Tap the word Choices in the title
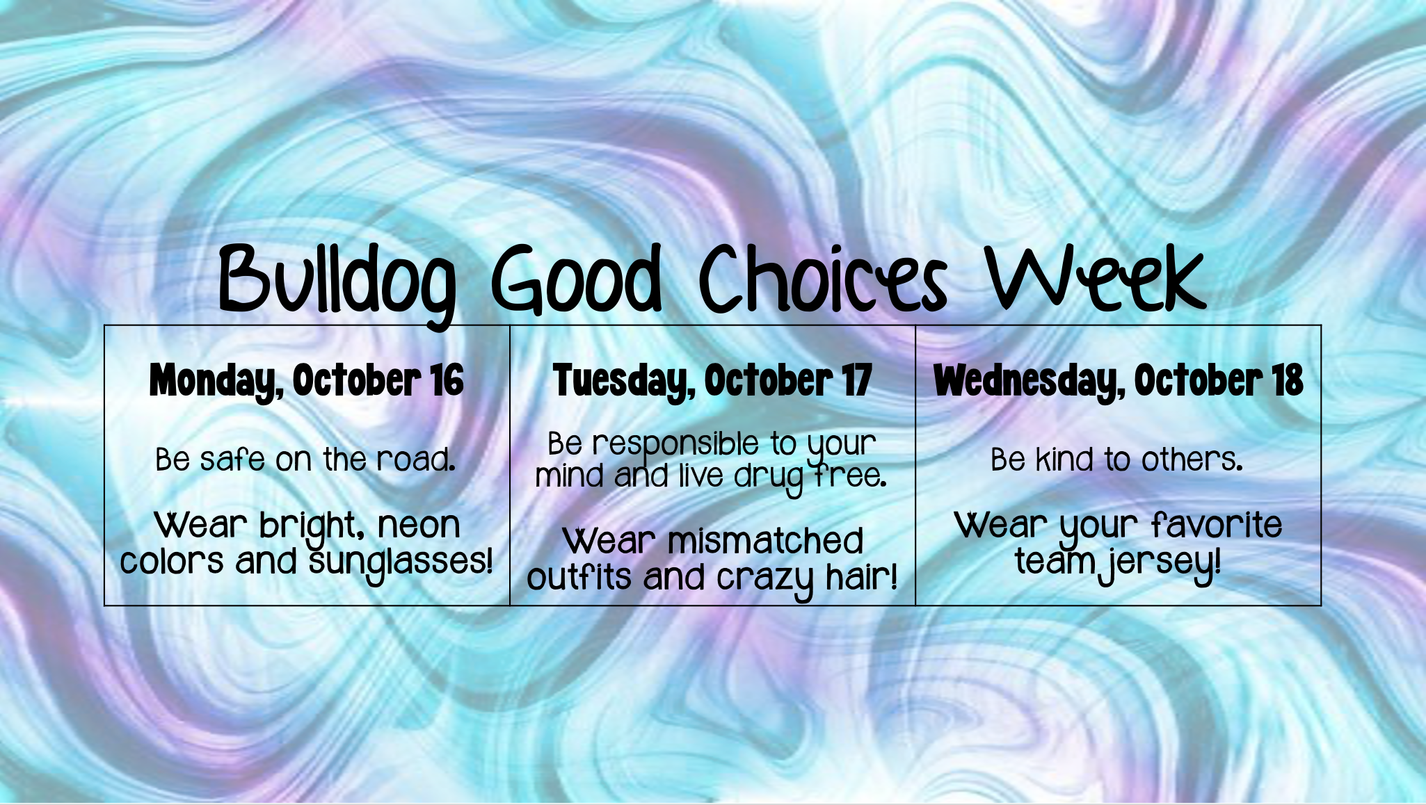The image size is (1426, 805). pyautogui.click(x=824, y=278)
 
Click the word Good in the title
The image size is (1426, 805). pyautogui.click(x=577, y=279)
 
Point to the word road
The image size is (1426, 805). pyautogui.click(x=416, y=459)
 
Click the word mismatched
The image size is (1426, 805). pyautogui.click(x=765, y=541)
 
